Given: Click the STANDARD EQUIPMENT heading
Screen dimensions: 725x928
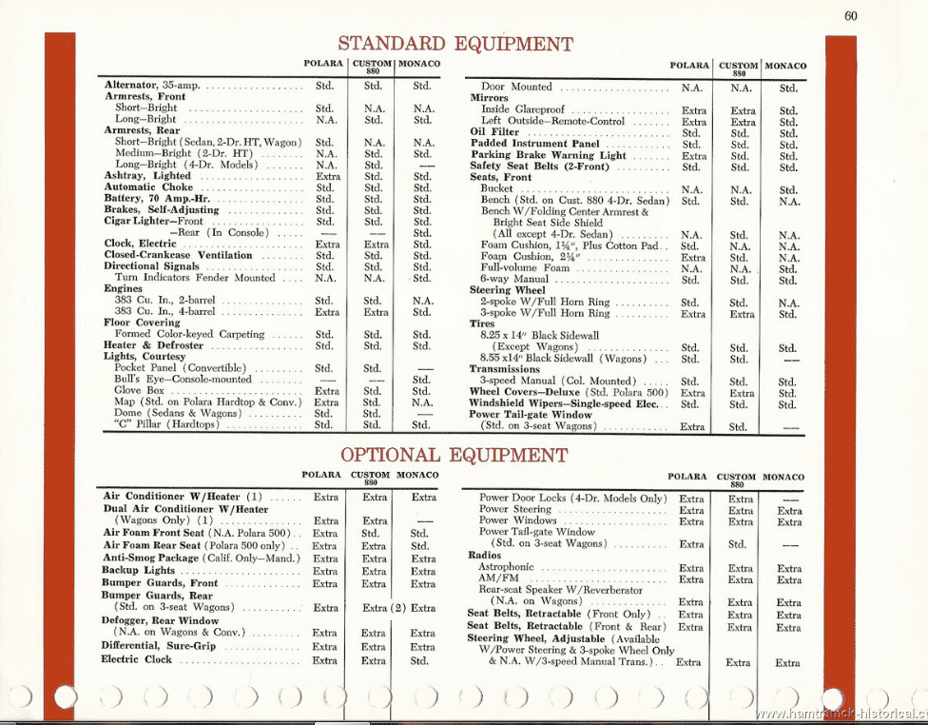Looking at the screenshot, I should pyautogui.click(x=455, y=43).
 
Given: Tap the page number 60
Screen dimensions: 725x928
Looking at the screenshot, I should pyautogui.click(x=850, y=14).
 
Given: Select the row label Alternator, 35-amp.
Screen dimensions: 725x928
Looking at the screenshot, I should pyautogui.click(x=152, y=86).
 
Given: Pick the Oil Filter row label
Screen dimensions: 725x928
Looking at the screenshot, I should pyautogui.click(x=494, y=132).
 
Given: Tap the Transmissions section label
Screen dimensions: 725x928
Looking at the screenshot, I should pyautogui.click(x=505, y=368).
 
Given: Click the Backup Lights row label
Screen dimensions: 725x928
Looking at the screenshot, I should pyautogui.click(x=139, y=570).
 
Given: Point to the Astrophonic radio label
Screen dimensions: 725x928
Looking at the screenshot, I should pyautogui.click(x=508, y=568).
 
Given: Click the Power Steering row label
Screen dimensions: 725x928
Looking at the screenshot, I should pyautogui.click(x=515, y=510).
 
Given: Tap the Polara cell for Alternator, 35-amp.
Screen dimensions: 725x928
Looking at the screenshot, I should pyautogui.click(x=324, y=86).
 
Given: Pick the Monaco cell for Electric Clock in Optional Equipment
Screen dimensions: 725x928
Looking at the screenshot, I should pyautogui.click(x=419, y=659).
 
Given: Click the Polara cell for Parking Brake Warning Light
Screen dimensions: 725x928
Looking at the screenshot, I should pyautogui.click(x=694, y=155).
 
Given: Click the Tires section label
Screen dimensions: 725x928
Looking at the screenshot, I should pyautogui.click(x=483, y=323).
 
